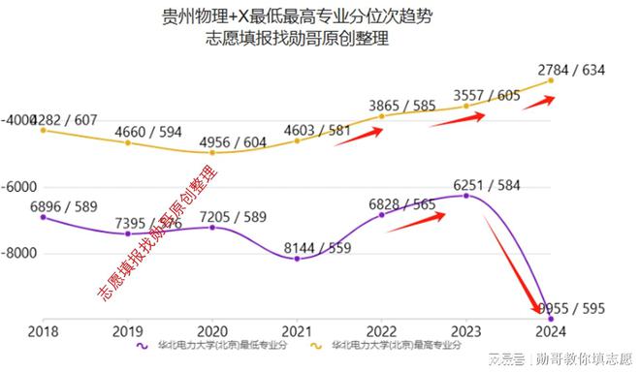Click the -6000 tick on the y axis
(x=18, y=187)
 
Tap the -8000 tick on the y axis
(x=18, y=254)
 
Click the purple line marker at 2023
(x=466, y=196)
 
